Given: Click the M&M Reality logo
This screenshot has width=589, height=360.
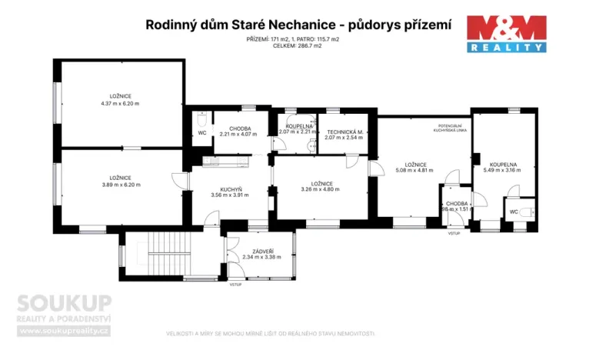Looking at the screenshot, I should (x=507, y=34).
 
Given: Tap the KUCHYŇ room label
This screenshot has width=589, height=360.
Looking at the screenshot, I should (x=231, y=190).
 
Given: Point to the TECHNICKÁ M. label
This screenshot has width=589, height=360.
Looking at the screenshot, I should (x=344, y=132).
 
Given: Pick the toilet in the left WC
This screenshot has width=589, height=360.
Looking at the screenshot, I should (x=200, y=121).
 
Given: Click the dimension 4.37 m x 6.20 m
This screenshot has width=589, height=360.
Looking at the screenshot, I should (x=120, y=102).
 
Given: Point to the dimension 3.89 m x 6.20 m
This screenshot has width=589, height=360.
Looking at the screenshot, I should (x=121, y=185).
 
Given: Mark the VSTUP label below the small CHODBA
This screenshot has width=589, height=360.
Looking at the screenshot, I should (x=453, y=233).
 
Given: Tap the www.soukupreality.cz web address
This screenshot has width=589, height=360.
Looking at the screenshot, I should (x=65, y=331).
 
